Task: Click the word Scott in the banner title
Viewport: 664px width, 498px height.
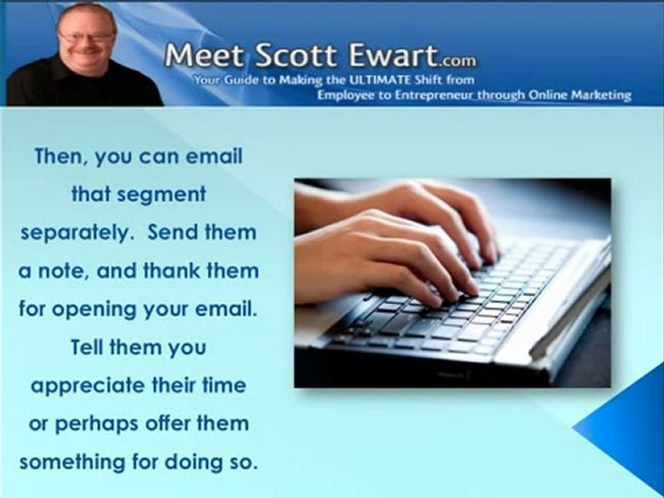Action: tap(282, 56)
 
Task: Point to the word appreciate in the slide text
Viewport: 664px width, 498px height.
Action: tap(86, 386)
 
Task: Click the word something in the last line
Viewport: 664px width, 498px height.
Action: tap(73, 461)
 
